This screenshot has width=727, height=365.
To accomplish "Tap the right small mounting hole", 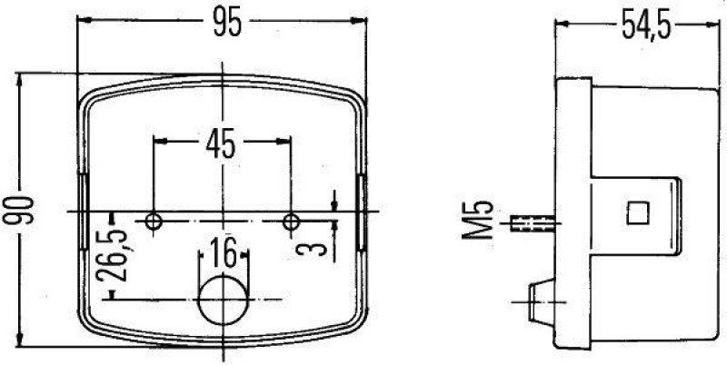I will tap(291, 221).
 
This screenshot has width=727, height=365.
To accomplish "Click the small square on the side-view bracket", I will tap(639, 212).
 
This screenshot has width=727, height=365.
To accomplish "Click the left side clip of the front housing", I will tap(84, 212).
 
